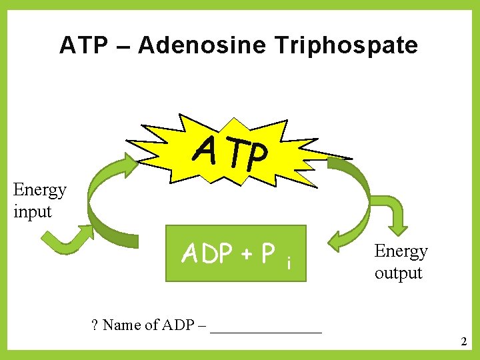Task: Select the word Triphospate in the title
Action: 345,46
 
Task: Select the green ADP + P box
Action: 235,253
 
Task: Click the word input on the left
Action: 32,212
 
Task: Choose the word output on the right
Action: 398,273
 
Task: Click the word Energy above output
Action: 401,251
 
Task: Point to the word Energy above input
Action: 40,190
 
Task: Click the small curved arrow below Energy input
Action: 67,240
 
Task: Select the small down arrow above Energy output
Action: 395,217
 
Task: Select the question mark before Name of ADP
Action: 95,325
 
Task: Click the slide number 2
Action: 463,342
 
